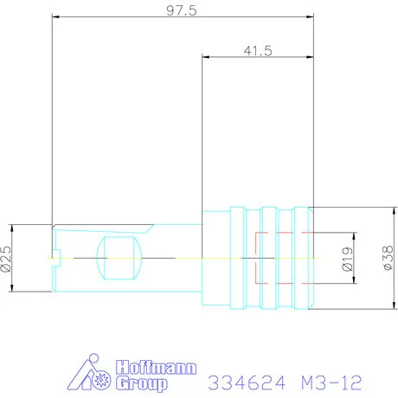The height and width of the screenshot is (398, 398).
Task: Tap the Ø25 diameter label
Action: coord(7,258)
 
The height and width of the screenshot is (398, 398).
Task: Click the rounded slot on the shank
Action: coord(121,258)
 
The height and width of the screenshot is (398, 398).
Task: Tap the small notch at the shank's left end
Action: coord(55,255)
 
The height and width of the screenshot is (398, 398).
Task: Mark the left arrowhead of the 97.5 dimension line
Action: coord(55,17)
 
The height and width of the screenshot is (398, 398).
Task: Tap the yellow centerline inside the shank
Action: coord(173,258)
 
